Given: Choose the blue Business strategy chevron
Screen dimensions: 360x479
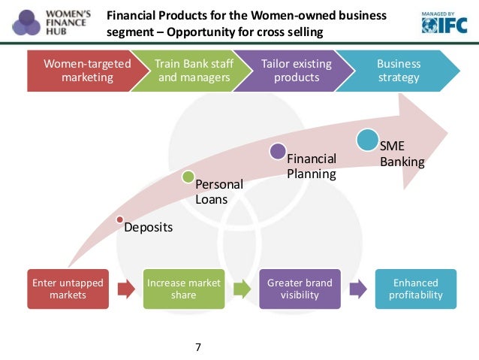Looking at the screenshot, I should tap(398, 71).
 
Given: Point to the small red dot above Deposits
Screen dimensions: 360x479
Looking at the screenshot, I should tap(119, 219).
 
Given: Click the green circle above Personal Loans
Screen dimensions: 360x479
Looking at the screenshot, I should tap(188, 177).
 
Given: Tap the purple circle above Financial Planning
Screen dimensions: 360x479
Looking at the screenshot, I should tap(278, 151).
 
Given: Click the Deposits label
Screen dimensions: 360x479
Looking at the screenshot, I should tap(148, 227).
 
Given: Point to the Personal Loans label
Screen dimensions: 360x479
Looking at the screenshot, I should tap(219, 192).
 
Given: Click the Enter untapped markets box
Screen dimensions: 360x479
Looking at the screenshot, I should tap(68, 289).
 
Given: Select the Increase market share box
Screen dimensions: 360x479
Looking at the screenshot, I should tap(184, 289).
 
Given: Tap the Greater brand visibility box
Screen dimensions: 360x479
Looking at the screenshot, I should tap(300, 289).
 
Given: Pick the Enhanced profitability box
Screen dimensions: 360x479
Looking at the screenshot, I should tap(415, 289).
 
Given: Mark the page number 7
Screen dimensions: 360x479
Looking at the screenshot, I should tap(197, 347).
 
